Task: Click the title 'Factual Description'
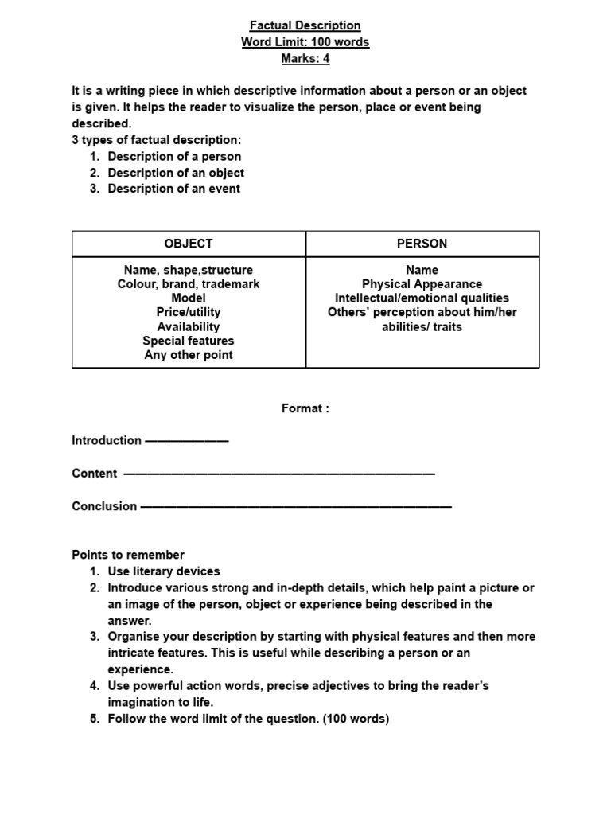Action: (305, 25)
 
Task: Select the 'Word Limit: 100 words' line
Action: (305, 42)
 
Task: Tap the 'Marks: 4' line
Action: (305, 58)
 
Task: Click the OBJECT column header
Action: (189, 244)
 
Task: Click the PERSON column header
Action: (422, 244)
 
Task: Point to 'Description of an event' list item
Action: (173, 189)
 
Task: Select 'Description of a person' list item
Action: (174, 157)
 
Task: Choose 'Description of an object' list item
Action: (176, 173)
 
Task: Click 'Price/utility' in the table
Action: (189, 312)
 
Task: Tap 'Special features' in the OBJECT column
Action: (189, 341)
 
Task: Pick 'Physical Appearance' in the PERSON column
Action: (422, 284)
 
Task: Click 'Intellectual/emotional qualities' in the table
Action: (422, 298)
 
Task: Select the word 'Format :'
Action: (305, 408)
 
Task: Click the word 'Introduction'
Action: (107, 440)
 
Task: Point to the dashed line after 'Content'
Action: (279, 474)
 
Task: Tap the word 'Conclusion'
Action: (104, 506)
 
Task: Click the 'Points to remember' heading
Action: (128, 555)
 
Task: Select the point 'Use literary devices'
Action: (164, 571)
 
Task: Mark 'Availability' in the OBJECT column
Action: (189, 326)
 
